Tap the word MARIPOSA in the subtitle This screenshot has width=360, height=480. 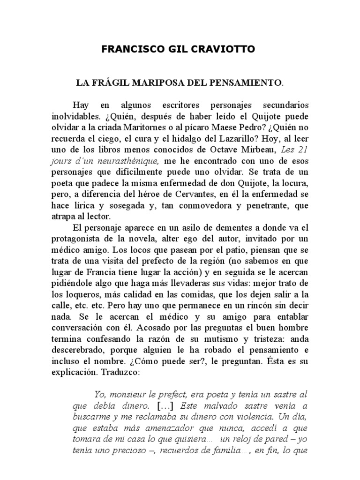click(x=162, y=83)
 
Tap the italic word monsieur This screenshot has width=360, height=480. click(x=126, y=394)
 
